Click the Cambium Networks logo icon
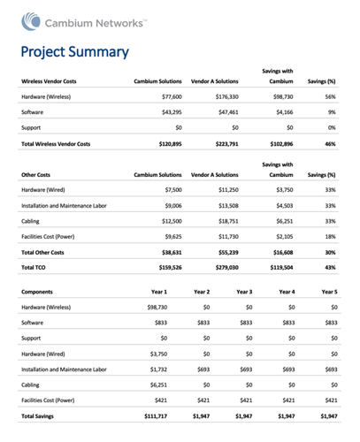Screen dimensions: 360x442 (x=31, y=21)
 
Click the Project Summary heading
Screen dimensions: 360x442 (x=75, y=52)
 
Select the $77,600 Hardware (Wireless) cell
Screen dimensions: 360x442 (x=172, y=96)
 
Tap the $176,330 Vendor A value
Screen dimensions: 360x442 (x=226, y=96)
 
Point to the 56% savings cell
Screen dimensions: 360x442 (x=330, y=96)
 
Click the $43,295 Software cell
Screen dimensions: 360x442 (x=172, y=112)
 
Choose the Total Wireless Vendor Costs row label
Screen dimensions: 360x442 (x=56, y=144)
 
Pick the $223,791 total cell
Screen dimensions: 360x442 (x=226, y=144)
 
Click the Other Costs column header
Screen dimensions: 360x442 (x=35, y=175)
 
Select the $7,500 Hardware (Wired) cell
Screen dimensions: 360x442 (x=173, y=190)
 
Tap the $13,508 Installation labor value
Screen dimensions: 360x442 (x=228, y=206)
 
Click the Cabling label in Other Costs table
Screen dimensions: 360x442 (x=30, y=221)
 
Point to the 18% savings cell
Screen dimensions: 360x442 (x=330, y=237)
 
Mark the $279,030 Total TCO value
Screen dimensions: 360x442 (x=226, y=268)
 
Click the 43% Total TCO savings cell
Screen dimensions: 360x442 (x=330, y=268)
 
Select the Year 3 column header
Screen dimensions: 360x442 (x=244, y=292)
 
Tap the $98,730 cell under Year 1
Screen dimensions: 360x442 (x=157, y=308)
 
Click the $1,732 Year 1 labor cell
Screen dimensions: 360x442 (x=158, y=370)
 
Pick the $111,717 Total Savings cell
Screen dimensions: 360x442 (x=156, y=416)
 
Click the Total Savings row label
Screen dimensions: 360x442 (x=37, y=416)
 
